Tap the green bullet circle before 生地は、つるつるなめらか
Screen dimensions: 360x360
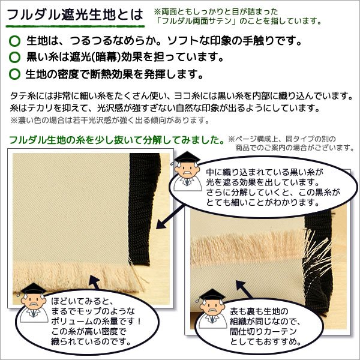coord(15,43)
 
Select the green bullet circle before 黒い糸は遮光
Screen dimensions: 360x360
coord(15,59)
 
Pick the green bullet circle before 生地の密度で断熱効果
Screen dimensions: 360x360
coord(15,76)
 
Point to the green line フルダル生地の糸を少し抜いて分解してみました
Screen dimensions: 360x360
coord(118,140)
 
